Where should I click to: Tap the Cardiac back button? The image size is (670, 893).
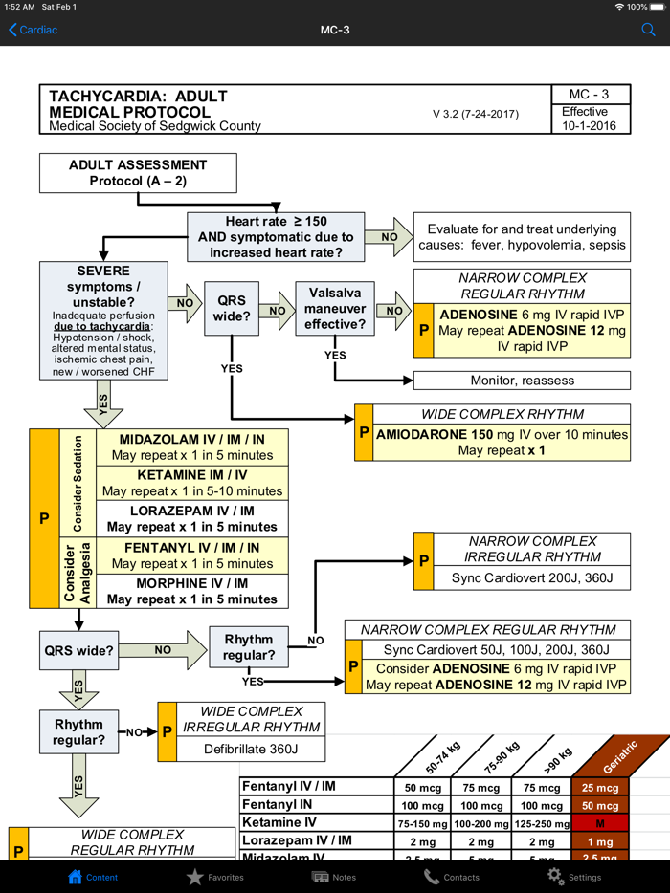coord(33,30)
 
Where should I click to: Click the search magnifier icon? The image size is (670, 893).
coord(648,30)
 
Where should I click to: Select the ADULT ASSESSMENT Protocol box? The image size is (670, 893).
coord(137,173)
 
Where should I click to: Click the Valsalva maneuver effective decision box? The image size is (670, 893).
coord(335,309)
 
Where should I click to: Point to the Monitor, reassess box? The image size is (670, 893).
coord(522,381)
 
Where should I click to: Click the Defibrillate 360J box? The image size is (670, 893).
coord(251,750)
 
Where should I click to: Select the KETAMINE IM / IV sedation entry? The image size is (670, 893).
coord(191,483)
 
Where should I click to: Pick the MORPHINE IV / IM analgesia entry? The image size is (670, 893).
coord(191,591)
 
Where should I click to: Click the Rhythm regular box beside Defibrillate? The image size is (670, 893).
coord(78,731)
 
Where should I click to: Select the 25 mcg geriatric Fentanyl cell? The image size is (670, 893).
coord(600,788)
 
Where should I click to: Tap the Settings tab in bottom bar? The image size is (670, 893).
coord(573,876)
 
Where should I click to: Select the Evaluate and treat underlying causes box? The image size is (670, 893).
coord(522,237)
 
